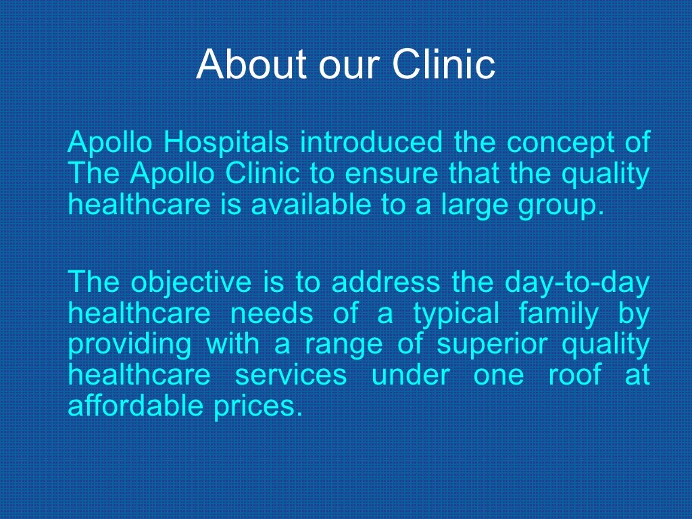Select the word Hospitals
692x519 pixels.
[x=226, y=143]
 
